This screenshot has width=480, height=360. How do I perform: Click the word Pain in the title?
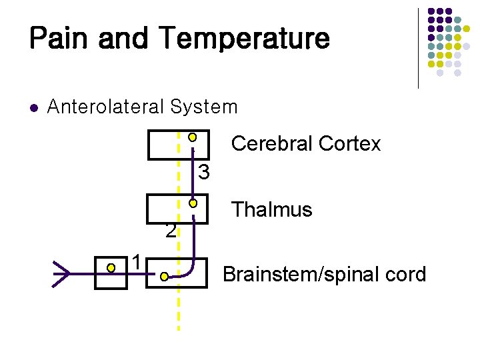pos(59,38)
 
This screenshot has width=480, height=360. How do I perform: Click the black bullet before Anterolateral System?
pos(34,107)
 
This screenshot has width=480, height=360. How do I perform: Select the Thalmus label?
pos(271,209)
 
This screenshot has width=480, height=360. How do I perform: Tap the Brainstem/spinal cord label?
pos(324,274)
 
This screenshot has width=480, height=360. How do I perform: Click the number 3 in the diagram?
pos(205,173)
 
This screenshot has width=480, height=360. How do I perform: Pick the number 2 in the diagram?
pos(171,231)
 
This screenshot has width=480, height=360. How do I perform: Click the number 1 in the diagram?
pos(136,262)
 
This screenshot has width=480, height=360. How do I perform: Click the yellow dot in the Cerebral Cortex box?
pos(192,137)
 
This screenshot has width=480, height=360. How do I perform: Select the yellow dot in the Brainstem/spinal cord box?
pos(163,275)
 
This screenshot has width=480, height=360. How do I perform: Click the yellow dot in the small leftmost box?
pos(111,268)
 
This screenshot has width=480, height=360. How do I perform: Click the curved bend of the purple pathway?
pos(189,268)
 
